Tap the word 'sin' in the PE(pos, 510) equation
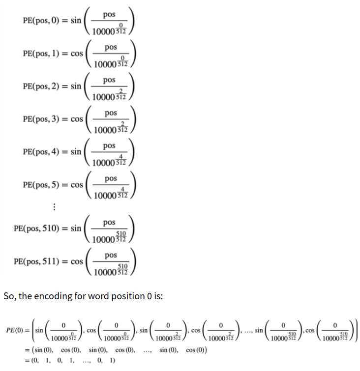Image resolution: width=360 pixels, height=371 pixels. pyautogui.click(x=76, y=228)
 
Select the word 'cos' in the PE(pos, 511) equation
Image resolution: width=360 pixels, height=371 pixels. pyautogui.click(x=77, y=261)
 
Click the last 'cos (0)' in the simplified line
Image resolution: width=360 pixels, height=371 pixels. pyautogui.click(x=196, y=350)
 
